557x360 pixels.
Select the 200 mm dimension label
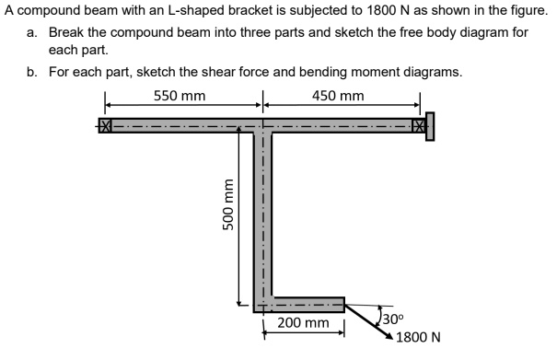(303, 324)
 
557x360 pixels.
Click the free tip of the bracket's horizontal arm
(342, 304)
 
